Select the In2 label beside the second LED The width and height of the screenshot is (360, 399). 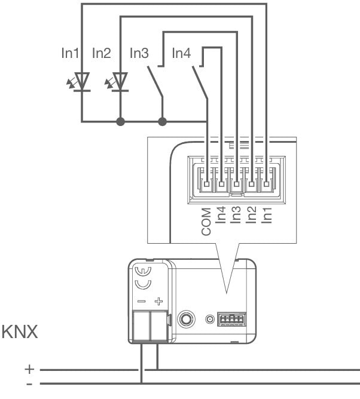pyautogui.click(x=102, y=54)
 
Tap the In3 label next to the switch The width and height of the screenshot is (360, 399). pyautogui.click(x=139, y=54)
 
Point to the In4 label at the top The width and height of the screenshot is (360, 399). pyautogui.click(x=181, y=54)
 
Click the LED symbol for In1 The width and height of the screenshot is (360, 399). pyautogui.click(x=81, y=82)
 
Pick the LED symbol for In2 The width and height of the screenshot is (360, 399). pyautogui.click(x=120, y=82)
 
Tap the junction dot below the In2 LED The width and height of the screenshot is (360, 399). pyautogui.click(x=120, y=122)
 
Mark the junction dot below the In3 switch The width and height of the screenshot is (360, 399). pyautogui.click(x=161, y=122)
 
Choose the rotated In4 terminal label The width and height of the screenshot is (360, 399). pyautogui.click(x=222, y=215)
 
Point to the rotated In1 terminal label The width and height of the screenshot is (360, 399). pyautogui.click(x=267, y=215)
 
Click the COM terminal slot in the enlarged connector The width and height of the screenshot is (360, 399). pyautogui.click(x=207, y=183)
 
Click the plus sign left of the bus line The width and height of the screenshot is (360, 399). pyautogui.click(x=29, y=370)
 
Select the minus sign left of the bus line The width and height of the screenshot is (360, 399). pyautogui.click(x=29, y=382)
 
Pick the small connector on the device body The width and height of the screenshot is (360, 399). pyautogui.click(x=230, y=320)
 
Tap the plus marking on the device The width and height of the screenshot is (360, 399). pyautogui.click(x=158, y=302)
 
